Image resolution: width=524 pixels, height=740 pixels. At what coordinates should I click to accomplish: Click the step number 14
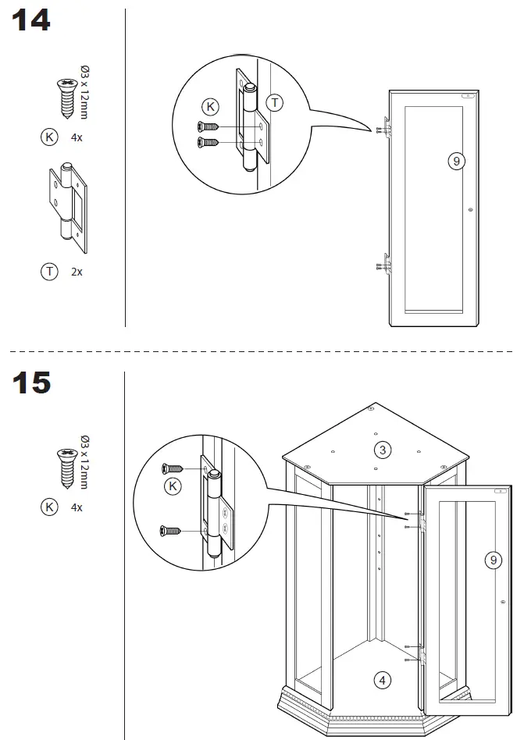(31, 21)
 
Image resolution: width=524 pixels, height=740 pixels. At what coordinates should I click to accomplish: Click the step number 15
(31, 382)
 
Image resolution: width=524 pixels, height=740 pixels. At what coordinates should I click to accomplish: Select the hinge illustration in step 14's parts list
(68, 208)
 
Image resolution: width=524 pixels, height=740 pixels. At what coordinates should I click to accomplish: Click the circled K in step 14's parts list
(49, 137)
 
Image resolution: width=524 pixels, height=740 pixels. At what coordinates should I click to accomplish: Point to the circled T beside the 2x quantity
(49, 272)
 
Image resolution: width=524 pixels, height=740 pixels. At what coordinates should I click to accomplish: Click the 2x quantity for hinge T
(77, 272)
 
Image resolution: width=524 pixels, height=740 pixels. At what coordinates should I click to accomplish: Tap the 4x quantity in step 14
(77, 138)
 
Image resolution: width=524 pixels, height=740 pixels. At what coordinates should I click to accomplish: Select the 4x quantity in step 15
(77, 507)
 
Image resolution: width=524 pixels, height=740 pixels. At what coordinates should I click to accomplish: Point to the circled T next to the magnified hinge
(275, 102)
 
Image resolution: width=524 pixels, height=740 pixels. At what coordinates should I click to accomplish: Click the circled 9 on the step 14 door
(456, 161)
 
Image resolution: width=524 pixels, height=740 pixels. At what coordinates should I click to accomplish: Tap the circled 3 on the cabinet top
(382, 450)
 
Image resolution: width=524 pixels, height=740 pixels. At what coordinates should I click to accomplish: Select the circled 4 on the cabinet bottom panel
(382, 681)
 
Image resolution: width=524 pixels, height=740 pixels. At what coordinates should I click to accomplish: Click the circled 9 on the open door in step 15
(493, 560)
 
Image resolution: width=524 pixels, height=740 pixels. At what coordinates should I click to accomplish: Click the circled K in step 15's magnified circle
(173, 487)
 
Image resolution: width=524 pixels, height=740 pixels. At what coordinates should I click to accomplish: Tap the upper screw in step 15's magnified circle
(172, 468)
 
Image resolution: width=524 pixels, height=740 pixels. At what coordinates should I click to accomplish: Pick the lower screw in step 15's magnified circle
(172, 531)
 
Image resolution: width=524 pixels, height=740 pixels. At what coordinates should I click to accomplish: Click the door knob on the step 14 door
(469, 209)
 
